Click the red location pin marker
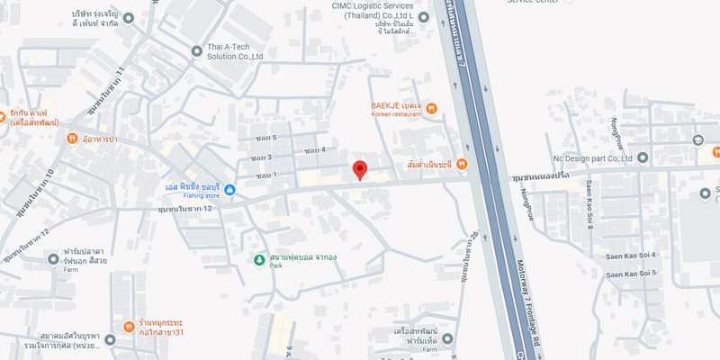coord(359,169)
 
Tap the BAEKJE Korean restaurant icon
coord(432,109)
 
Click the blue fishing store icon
coord(229,190)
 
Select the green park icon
coord(259,260)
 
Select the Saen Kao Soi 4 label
coord(630,256)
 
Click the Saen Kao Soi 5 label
coord(630,273)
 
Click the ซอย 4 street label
coord(314,149)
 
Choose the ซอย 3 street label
coord(262,157)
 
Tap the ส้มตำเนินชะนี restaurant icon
coord(461,164)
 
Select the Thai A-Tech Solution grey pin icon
coord(197,51)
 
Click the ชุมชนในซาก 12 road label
coord(184,209)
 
